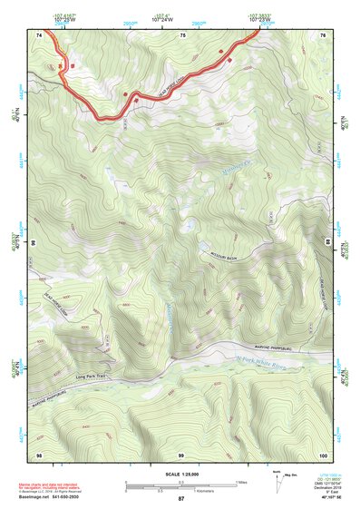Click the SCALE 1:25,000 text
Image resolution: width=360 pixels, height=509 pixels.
click(x=181, y=474)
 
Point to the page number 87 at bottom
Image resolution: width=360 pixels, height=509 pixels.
click(x=181, y=499)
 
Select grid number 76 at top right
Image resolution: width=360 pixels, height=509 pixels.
click(x=325, y=34)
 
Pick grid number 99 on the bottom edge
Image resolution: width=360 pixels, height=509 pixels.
click(x=181, y=453)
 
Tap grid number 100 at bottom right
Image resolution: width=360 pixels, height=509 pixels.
click(x=324, y=453)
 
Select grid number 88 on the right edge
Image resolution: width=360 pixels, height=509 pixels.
click(x=327, y=243)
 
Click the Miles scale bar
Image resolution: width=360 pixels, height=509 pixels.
click(x=181, y=482)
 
